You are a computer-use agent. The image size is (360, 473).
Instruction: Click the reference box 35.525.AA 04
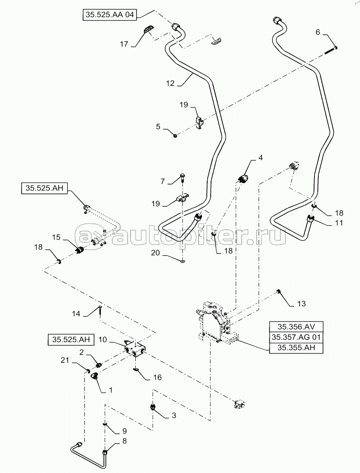tap(109, 14)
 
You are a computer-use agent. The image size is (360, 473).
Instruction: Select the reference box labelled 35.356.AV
tap(296, 327)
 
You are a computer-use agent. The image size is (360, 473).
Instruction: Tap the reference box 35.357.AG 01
tap(296, 337)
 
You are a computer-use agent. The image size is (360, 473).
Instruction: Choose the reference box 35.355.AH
tap(296, 348)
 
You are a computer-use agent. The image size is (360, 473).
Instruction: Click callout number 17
tap(124, 44)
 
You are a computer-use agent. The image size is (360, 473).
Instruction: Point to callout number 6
tap(318, 32)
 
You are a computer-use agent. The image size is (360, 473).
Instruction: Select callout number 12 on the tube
tap(170, 83)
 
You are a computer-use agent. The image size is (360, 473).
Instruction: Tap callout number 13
tap(301, 303)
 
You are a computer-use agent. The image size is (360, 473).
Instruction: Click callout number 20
tap(155, 252)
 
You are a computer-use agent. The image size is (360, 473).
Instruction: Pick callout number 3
tap(174, 416)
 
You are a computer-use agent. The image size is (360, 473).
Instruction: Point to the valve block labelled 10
tap(135, 350)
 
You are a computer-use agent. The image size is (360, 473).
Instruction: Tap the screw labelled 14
tap(100, 310)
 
